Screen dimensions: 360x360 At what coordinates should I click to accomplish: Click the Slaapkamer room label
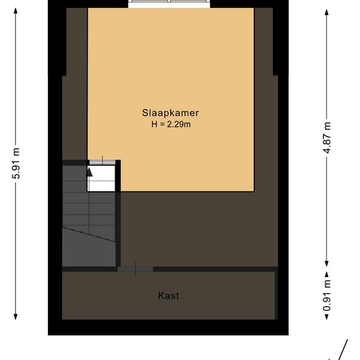pyautogui.click(x=170, y=113)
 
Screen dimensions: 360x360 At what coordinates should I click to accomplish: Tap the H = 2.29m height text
pyautogui.click(x=171, y=124)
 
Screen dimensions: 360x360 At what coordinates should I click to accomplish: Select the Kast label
pyautogui.click(x=169, y=296)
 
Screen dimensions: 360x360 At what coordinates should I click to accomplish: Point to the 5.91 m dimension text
pyautogui.click(x=16, y=163)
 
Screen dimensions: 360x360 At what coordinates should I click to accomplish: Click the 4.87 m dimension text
pyautogui.click(x=327, y=137)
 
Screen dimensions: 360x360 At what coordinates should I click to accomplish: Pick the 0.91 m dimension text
pyautogui.click(x=327, y=295)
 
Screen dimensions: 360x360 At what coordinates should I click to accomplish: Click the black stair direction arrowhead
pyautogui.click(x=89, y=172)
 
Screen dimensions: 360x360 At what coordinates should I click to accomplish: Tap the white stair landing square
pyautogui.click(x=101, y=178)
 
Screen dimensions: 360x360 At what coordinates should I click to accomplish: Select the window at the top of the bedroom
pyautogui.click(x=169, y=4)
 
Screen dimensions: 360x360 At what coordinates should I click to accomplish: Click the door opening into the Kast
pyautogui.click(x=136, y=269)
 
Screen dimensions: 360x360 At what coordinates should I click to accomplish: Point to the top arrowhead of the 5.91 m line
pyautogui.click(x=16, y=11)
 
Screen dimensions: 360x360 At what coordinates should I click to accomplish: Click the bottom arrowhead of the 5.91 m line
pyautogui.click(x=16, y=317)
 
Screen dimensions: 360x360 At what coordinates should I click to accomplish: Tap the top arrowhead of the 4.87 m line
pyautogui.click(x=327, y=12)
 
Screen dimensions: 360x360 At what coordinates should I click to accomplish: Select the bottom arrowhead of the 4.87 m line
pyautogui.click(x=327, y=263)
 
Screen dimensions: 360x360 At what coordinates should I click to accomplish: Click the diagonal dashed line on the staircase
pyautogui.click(x=89, y=234)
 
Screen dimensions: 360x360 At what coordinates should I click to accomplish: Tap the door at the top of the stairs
pyautogui.click(x=102, y=163)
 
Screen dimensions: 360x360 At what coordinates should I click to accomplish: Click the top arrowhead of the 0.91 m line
pyautogui.click(x=327, y=275)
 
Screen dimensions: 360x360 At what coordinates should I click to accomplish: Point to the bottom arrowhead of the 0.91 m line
pyautogui.click(x=327, y=317)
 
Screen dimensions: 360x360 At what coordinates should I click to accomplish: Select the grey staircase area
pyautogui.click(x=89, y=216)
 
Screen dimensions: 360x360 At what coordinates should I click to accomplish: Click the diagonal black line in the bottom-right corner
pyautogui.click(x=343, y=350)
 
